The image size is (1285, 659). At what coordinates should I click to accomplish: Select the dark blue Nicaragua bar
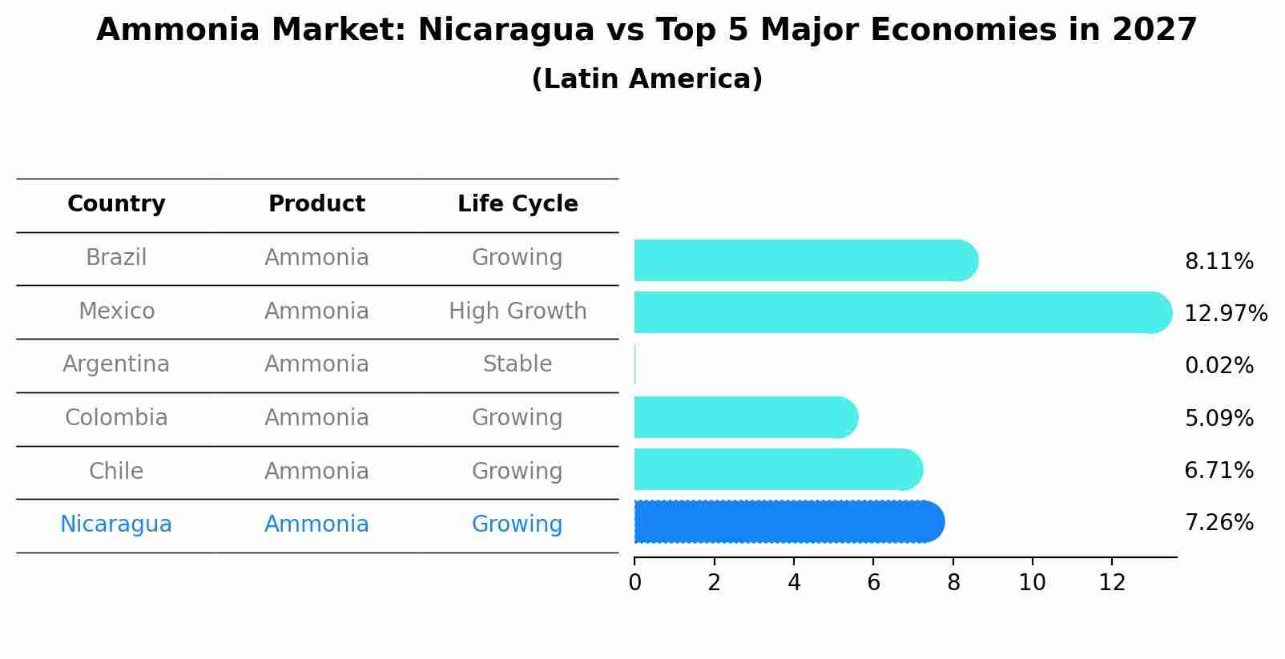tap(788, 522)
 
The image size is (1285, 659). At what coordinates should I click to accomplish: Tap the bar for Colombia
tap(745, 417)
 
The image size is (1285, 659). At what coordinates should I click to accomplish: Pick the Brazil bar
tap(805, 260)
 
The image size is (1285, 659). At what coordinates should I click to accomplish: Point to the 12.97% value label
tap(1225, 313)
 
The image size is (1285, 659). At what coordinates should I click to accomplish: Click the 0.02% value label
tap(1219, 366)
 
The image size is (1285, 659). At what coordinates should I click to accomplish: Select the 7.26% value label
tap(1219, 523)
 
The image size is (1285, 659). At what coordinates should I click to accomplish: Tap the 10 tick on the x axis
tap(1032, 583)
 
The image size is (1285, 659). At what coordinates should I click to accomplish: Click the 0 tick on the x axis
tap(635, 583)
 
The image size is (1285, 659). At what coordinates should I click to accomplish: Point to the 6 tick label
tap(873, 583)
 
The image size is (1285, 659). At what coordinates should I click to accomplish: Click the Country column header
tap(116, 204)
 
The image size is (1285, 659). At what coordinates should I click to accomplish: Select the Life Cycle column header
tap(518, 204)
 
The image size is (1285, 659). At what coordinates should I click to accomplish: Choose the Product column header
tap(316, 204)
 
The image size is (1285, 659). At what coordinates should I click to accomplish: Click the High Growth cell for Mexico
tap(518, 311)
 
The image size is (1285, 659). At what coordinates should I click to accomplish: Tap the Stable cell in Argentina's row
tap(518, 364)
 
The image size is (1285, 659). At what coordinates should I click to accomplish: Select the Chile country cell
tap(116, 472)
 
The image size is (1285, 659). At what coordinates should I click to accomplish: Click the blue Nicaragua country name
tap(116, 524)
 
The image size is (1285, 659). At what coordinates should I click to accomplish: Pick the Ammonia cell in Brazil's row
tap(316, 258)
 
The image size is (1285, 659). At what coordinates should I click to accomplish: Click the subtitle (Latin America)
tap(647, 79)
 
